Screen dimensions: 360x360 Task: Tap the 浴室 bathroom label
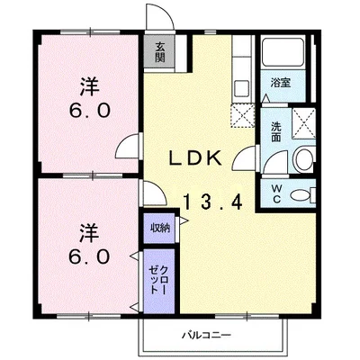(281, 83)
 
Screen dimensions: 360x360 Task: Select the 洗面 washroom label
(275, 131)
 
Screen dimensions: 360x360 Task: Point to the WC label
(276, 193)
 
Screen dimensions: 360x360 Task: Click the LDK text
(195, 157)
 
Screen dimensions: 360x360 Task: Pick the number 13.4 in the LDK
(212, 202)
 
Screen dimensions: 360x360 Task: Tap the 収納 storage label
(160, 229)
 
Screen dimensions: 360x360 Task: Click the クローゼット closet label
(158, 280)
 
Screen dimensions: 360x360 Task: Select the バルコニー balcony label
(207, 335)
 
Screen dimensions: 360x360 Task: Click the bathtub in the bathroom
(283, 52)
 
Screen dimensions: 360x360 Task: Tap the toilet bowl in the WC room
(301, 195)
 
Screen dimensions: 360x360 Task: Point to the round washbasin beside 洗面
(304, 159)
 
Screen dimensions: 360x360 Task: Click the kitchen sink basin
(241, 88)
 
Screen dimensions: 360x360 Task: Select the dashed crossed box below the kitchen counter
(242, 115)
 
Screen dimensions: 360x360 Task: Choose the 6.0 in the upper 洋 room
(90, 111)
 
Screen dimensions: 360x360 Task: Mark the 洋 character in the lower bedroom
(90, 233)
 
